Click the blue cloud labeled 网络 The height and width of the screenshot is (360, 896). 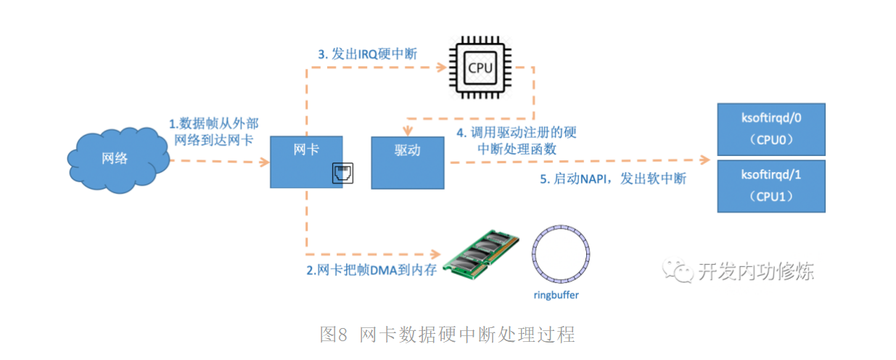113,157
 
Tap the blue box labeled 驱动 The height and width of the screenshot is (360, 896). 407,161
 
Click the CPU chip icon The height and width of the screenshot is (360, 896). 480,68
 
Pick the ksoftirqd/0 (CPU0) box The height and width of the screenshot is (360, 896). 770,128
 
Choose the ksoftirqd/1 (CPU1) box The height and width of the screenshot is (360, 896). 770,186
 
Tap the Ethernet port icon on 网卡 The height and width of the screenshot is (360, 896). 342,174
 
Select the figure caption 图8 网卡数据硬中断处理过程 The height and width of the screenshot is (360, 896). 447,335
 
